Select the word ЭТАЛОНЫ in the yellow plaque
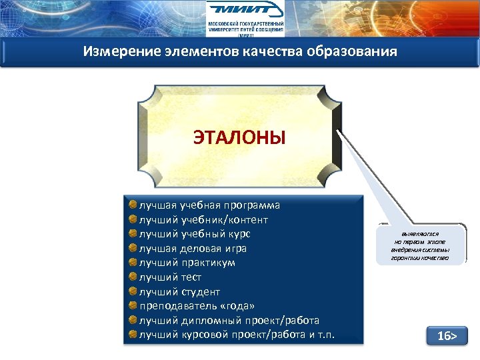[239, 138]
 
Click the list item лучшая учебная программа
[209, 205]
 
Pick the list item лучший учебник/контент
[203, 219]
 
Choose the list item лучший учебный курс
[194, 234]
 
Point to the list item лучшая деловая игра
[192, 249]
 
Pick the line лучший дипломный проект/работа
[229, 321]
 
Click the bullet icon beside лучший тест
[133, 277]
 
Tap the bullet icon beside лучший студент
[133, 291]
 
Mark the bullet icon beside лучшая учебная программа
[133, 205]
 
